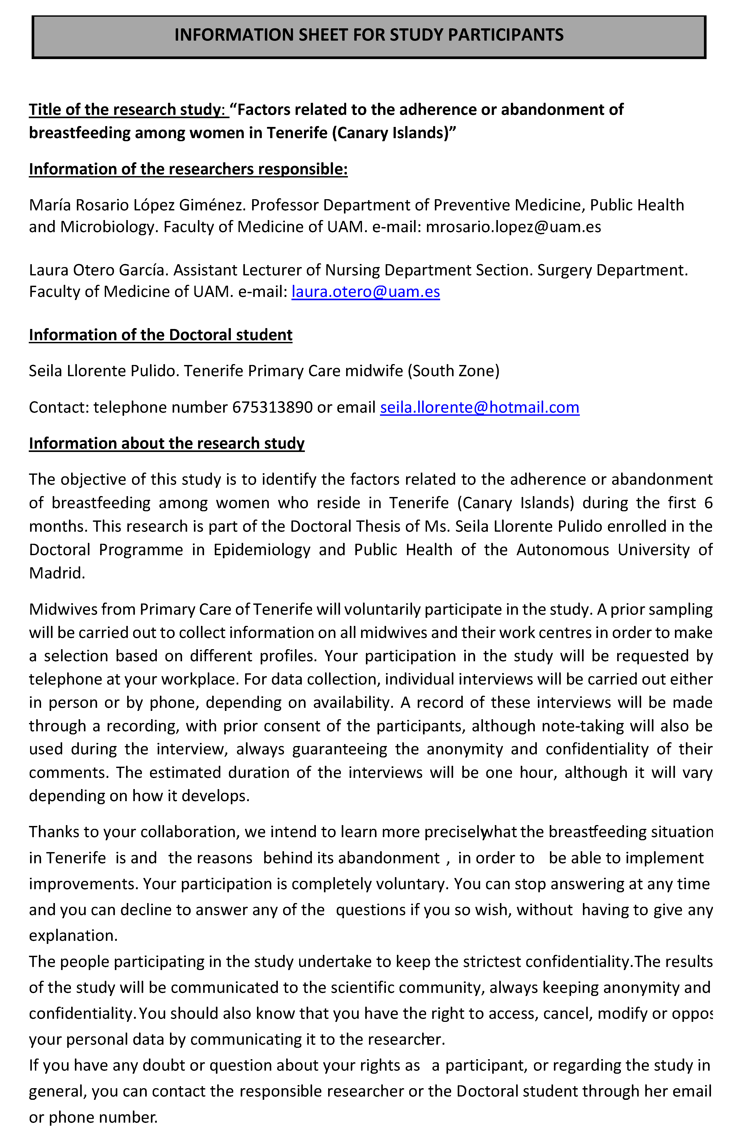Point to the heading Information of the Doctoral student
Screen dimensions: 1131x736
pos(161,335)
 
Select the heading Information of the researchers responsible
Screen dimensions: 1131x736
pos(188,169)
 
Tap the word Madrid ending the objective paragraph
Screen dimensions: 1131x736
pos(56,573)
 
